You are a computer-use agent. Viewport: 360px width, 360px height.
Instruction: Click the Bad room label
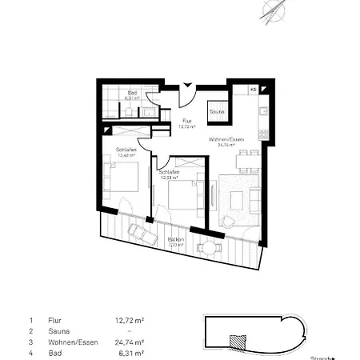coord(133,99)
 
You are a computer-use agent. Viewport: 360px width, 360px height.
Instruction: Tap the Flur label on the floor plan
coord(186,121)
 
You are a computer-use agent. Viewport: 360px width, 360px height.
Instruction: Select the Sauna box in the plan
coord(217,112)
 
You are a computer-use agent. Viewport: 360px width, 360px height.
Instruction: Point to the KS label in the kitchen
coord(254,89)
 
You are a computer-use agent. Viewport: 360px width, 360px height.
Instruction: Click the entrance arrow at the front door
coord(188,86)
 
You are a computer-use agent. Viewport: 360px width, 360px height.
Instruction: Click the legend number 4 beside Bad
coord(30,352)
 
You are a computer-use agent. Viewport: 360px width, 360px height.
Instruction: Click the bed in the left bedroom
coord(120,181)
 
